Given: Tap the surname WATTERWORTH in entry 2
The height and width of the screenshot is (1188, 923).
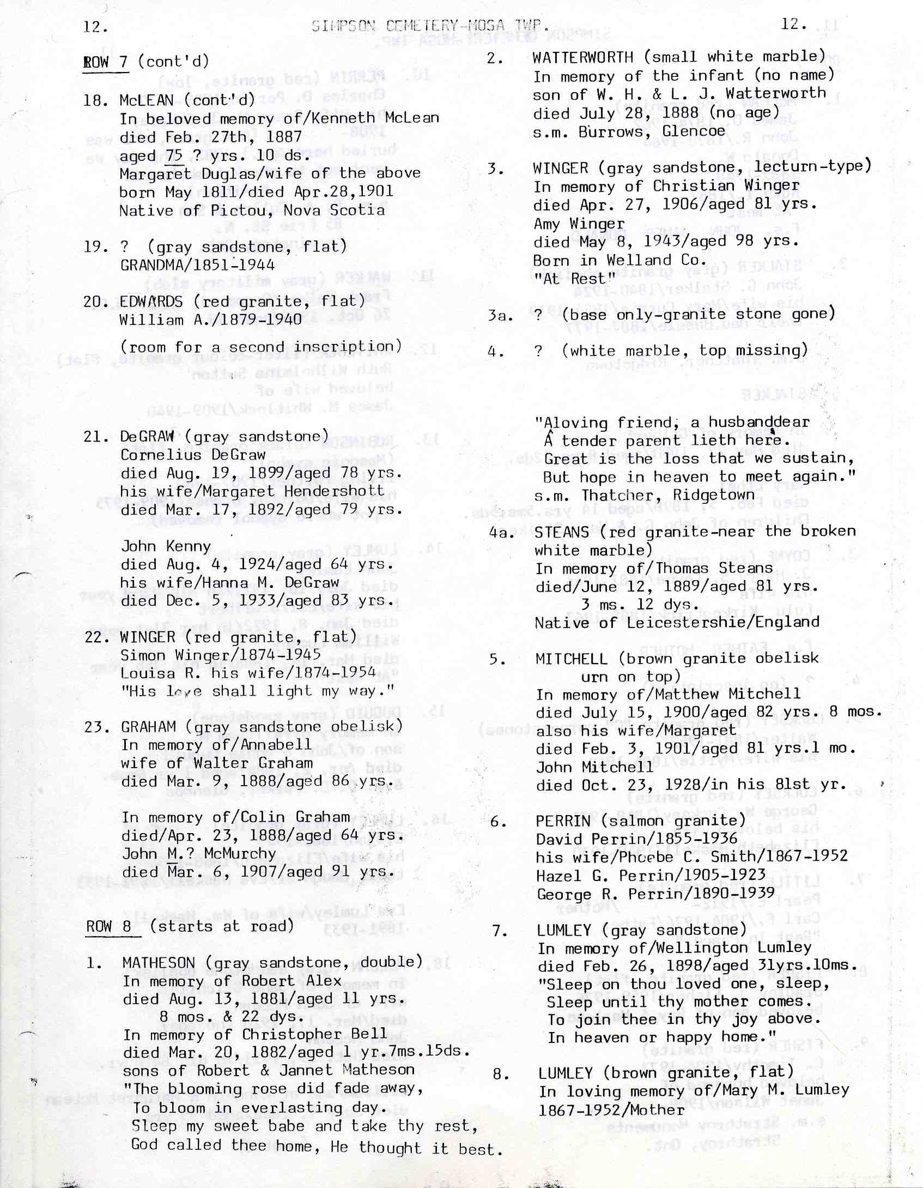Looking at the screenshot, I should pos(582,57).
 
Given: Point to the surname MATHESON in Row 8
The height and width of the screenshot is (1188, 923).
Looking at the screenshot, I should pos(159,963).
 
